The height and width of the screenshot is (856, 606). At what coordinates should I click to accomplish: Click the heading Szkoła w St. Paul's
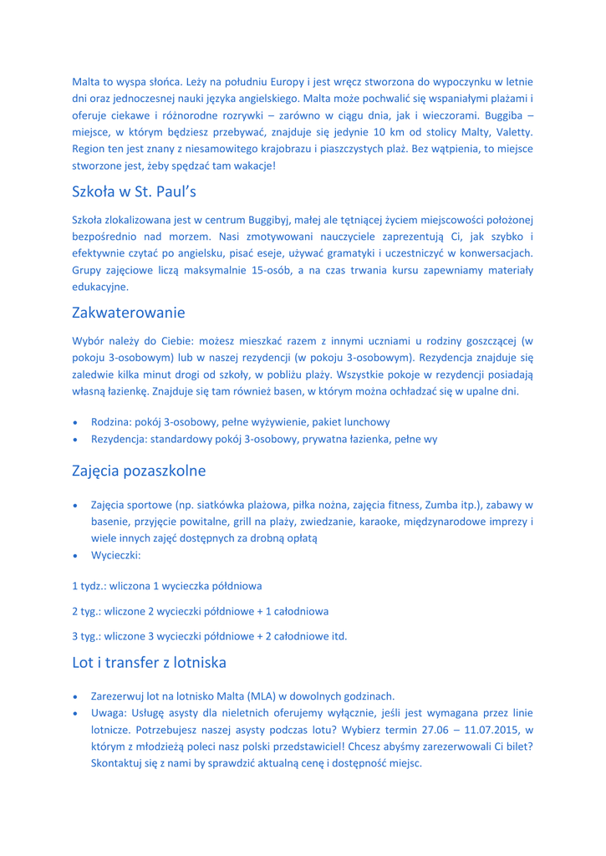134,191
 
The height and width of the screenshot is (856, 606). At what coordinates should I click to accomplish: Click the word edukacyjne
100,287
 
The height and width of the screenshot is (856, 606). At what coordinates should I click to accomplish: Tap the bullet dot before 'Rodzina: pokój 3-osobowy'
76,422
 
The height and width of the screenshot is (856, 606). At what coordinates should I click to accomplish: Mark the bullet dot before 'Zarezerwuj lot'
76,696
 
